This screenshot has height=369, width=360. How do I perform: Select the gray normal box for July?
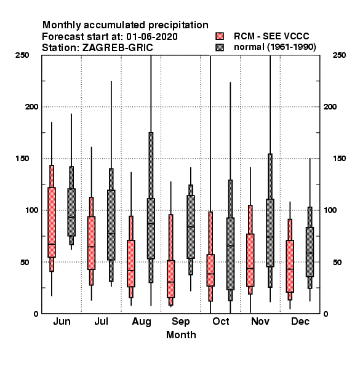point(111,225)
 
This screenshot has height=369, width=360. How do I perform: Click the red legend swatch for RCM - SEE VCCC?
point(220,36)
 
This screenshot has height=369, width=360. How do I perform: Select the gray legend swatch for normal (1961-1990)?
point(220,47)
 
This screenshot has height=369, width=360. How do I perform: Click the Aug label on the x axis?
point(142,322)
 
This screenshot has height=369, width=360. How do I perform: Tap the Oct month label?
point(221,321)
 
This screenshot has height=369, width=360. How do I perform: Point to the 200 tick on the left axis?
point(31,107)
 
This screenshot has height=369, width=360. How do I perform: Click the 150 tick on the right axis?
point(339,159)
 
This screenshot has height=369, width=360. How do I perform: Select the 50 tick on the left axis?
point(25,262)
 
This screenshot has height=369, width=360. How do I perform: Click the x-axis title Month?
point(181,335)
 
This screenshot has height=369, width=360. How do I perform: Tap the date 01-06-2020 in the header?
point(152,37)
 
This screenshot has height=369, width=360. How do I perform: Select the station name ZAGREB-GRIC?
point(118,48)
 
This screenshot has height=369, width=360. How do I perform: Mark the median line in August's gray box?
point(151,224)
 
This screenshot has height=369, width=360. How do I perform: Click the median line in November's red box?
point(250,269)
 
